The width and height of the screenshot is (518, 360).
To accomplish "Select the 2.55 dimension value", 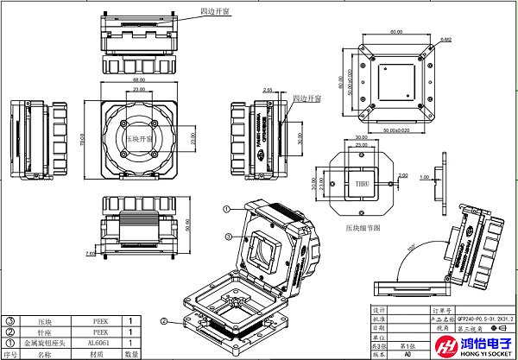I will [x=268, y=90].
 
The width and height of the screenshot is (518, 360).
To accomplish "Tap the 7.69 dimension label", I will [x=91, y=254].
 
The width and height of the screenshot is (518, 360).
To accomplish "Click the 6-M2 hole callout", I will [x=446, y=40].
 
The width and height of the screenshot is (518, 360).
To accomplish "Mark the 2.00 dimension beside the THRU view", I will [x=403, y=175].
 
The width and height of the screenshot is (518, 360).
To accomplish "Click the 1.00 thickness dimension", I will [x=424, y=177].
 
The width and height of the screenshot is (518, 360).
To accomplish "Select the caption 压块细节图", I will [x=363, y=229].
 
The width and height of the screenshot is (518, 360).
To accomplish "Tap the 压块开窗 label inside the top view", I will [x=138, y=137].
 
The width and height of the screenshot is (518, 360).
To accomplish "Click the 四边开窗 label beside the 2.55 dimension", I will [x=306, y=99].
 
